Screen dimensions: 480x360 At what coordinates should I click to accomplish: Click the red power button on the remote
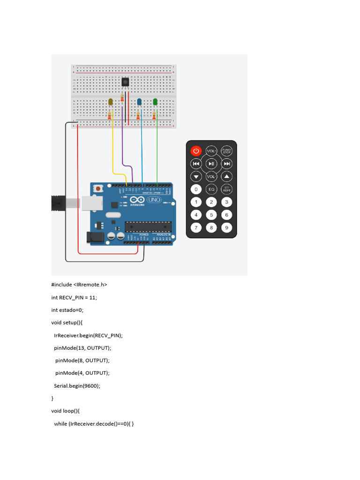196,151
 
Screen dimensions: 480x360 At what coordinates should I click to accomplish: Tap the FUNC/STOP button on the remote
227,151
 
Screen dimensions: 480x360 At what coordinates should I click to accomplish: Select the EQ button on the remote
211,189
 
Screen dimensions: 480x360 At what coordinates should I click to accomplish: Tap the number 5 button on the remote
211,215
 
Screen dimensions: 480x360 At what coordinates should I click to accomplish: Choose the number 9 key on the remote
227,228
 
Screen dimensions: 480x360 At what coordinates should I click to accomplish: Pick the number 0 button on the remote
196,189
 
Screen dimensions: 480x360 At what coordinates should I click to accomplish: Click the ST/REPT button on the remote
227,189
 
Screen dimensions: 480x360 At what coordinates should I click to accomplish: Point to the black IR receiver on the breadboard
126,82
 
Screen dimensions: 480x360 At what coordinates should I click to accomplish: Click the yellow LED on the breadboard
111,102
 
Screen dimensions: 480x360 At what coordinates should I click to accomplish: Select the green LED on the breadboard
155,101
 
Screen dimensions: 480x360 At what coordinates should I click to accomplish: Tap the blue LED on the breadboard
139,102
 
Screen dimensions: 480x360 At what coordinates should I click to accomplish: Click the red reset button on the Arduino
99,189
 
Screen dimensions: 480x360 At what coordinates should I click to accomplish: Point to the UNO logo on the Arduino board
154,200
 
